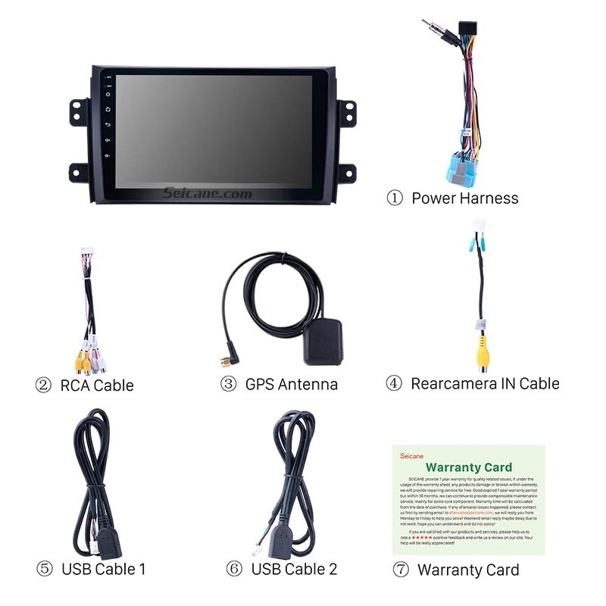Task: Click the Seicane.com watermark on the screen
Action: [x=207, y=195]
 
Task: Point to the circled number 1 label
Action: [x=395, y=198]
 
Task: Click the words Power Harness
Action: [x=465, y=198]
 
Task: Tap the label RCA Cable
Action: [x=96, y=386]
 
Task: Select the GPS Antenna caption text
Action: [x=291, y=384]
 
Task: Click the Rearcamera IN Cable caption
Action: [x=485, y=383]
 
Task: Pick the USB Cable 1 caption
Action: [x=103, y=569]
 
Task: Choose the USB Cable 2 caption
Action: [x=294, y=569]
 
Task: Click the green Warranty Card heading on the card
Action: [x=468, y=467]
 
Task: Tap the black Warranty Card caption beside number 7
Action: [x=468, y=570]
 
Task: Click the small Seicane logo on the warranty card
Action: [x=411, y=456]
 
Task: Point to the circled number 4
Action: [x=394, y=383]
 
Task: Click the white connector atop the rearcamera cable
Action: [x=479, y=226]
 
